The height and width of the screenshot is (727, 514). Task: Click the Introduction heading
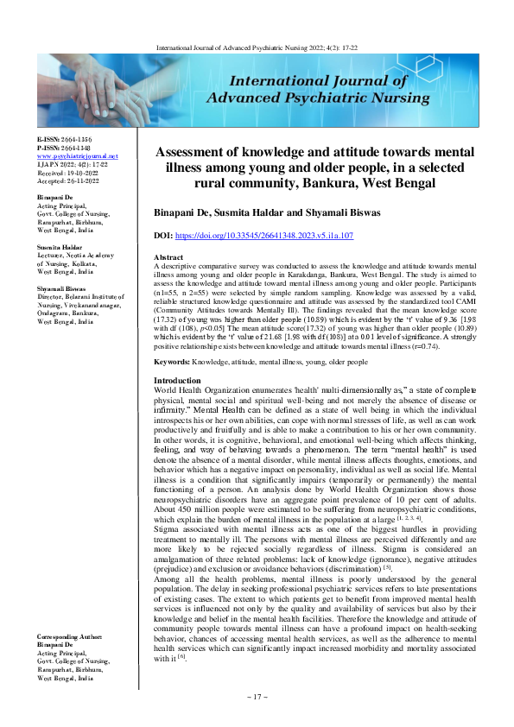tap(178, 381)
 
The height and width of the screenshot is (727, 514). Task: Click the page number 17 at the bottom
tap(257, 696)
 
